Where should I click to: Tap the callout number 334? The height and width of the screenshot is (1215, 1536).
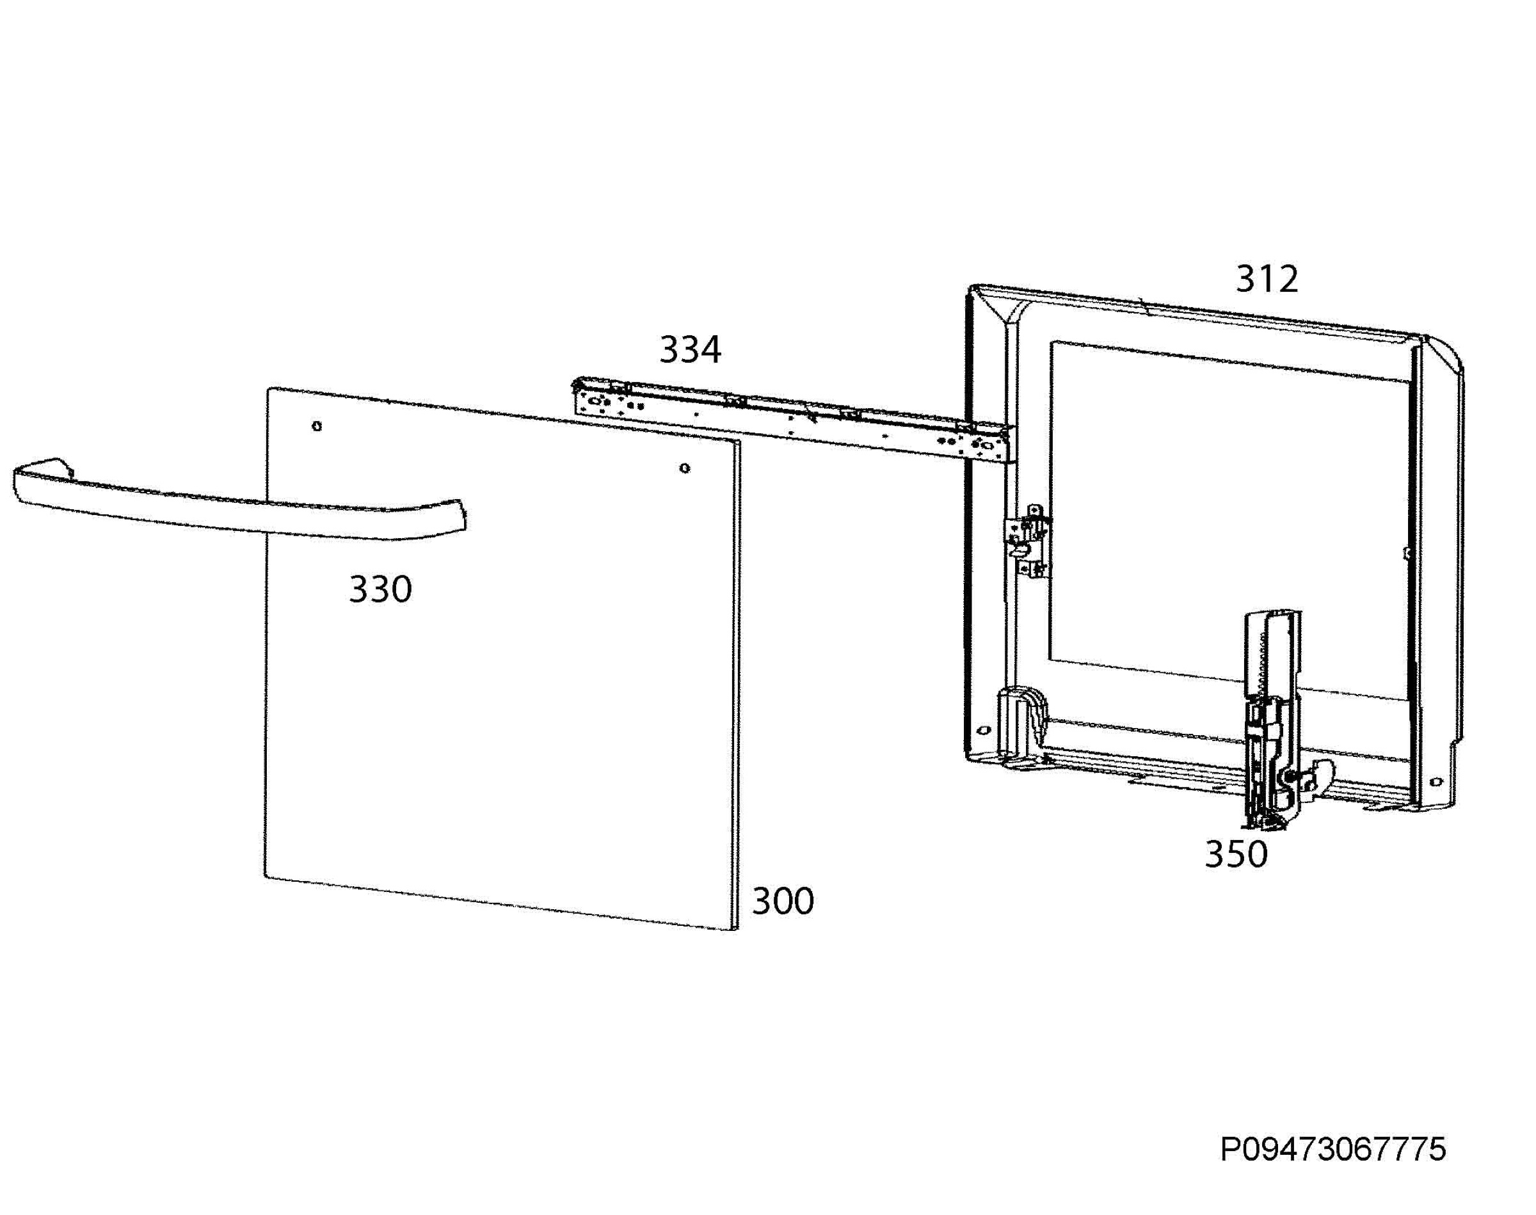(690, 349)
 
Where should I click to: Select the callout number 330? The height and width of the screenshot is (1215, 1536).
(380, 589)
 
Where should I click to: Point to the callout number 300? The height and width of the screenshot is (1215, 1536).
(783, 901)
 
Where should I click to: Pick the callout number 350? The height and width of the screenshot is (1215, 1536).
(1236, 854)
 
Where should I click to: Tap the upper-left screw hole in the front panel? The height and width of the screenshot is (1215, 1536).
(317, 426)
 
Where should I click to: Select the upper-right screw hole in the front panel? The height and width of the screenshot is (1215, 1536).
(684, 468)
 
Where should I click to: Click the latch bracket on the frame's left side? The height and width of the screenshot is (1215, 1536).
(1027, 542)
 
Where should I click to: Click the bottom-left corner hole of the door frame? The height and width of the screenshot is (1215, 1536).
(984, 731)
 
